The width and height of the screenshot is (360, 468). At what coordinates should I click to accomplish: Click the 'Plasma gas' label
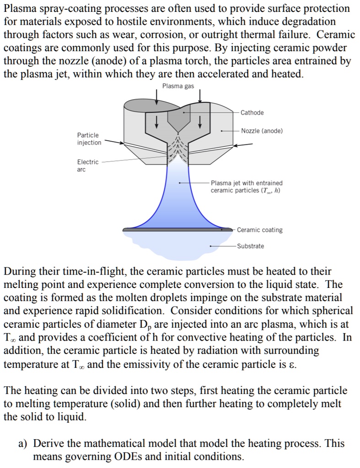(178, 86)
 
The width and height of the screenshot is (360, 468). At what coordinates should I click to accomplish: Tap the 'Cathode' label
(252, 112)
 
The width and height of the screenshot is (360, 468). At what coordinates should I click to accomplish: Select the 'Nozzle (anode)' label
(262, 131)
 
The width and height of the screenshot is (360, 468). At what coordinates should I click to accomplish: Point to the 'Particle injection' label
(89, 139)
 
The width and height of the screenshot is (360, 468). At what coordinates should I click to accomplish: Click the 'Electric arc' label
(87, 165)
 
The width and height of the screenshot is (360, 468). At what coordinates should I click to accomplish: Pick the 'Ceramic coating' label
(259, 230)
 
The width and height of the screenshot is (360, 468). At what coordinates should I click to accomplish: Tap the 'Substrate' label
(250, 246)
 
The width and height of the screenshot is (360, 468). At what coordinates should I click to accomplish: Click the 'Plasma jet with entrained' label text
(247, 183)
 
